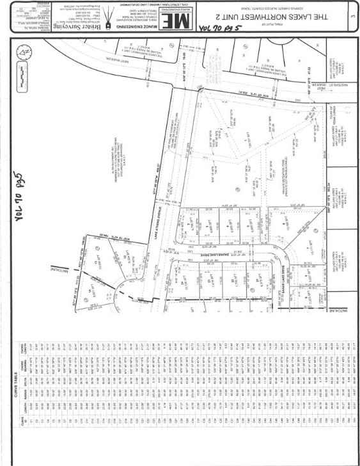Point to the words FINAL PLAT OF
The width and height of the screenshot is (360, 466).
tap(281, 5)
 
